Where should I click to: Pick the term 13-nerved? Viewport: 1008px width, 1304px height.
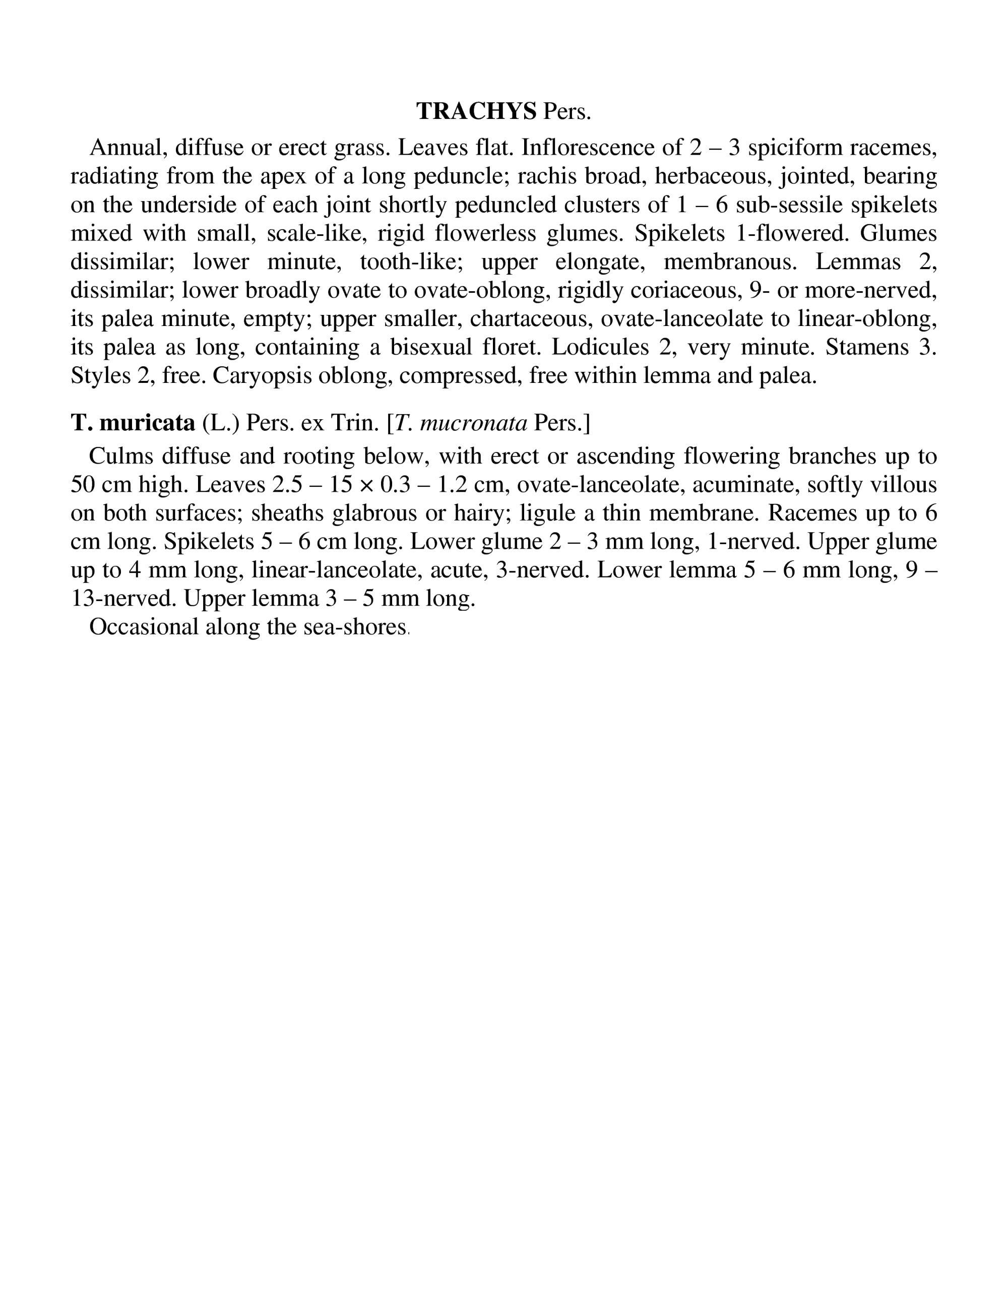pos(123,598)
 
